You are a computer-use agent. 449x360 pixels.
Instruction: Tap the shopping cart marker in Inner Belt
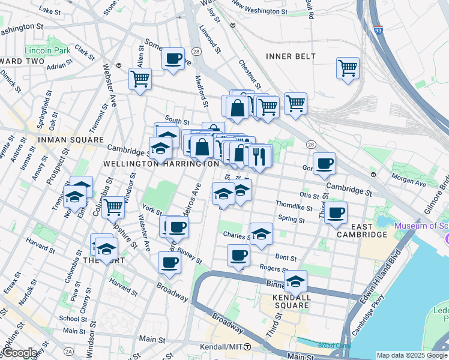pyautogui.click(x=348, y=68)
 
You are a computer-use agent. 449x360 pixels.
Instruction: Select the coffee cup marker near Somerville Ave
pyautogui.click(x=173, y=59)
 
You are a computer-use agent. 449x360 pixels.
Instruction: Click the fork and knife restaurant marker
pyautogui.click(x=259, y=157)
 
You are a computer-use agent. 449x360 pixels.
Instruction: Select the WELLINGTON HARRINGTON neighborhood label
pyautogui.click(x=161, y=163)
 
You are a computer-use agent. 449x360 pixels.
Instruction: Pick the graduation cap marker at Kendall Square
pyautogui.click(x=295, y=281)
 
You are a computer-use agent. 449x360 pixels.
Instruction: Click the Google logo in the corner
pyautogui.click(x=19, y=353)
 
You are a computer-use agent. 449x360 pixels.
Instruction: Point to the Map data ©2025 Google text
pyautogui.click(x=411, y=355)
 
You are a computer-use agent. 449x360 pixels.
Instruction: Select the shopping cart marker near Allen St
pyautogui.click(x=140, y=79)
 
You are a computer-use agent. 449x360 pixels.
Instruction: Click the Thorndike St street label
pyautogui.click(x=294, y=208)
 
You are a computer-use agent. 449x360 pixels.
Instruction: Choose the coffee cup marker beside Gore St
pyautogui.click(x=324, y=164)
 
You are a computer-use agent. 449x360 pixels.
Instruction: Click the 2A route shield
pyautogui.click(x=69, y=351)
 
